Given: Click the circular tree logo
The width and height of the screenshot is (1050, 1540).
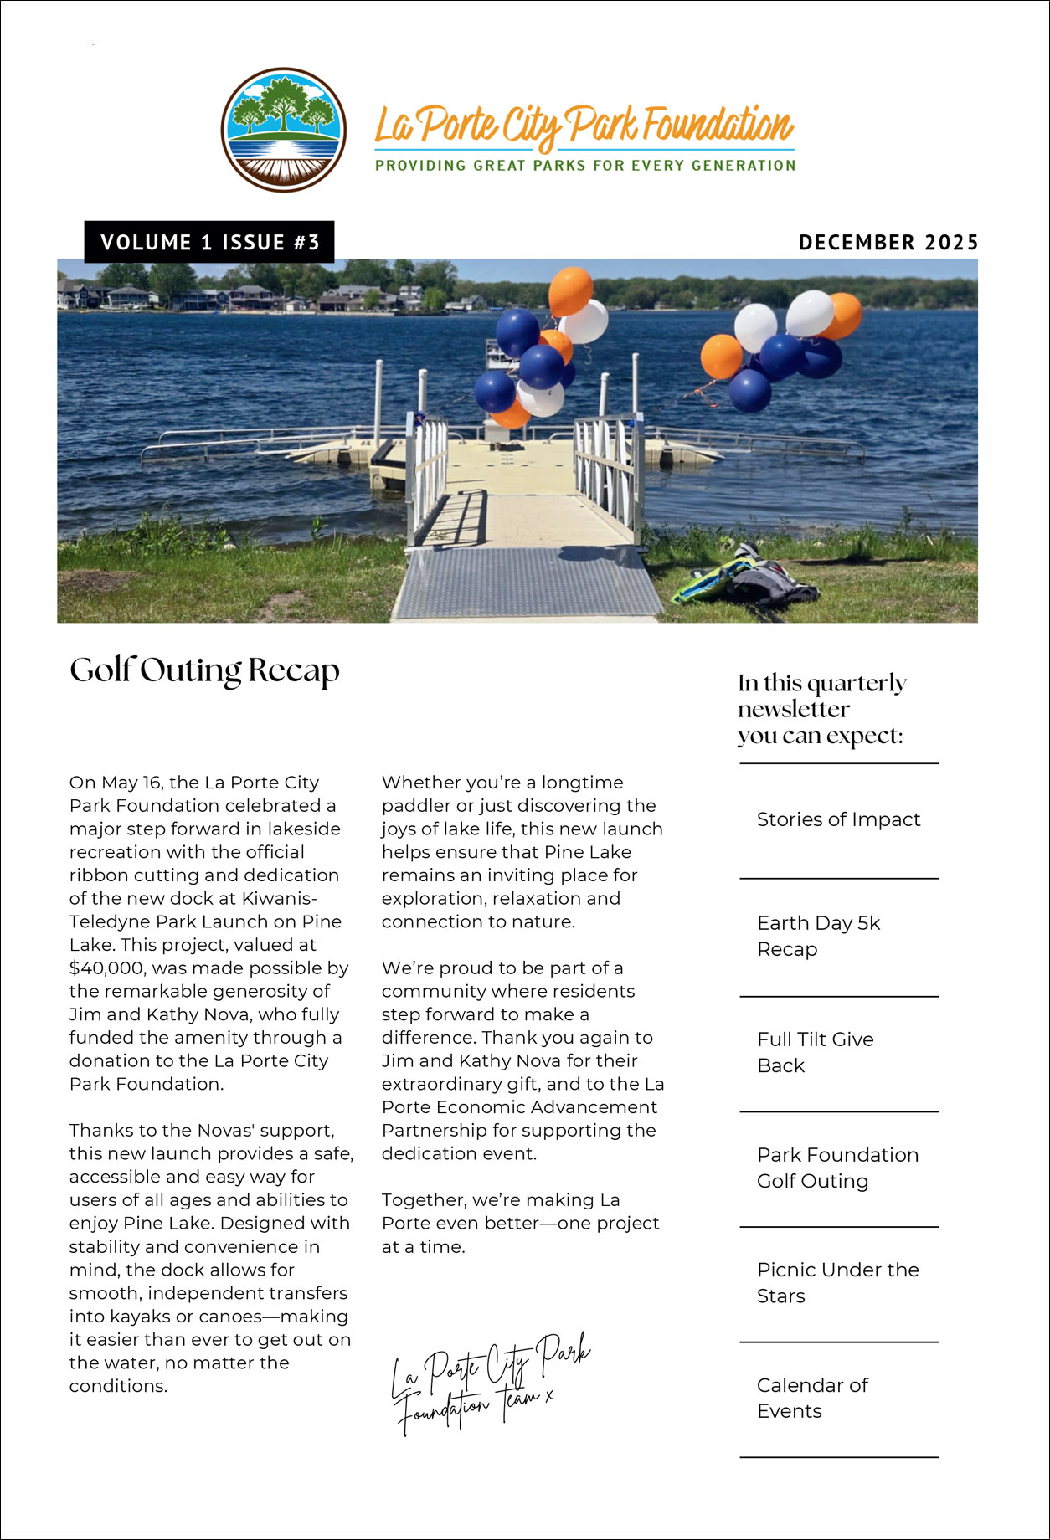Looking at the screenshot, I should coord(284,130).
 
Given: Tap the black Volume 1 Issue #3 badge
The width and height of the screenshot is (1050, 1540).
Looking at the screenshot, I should coord(209,242).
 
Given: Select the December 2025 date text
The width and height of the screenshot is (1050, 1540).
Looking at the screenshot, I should coord(888,243).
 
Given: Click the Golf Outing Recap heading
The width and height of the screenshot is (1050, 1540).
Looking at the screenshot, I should coord(204,670).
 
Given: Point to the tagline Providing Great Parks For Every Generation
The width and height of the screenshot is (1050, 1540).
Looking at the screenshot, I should coord(585,166).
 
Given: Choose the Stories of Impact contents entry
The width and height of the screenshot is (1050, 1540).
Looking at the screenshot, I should coord(838,819).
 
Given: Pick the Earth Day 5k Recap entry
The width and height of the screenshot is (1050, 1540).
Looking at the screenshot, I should coord(818,936).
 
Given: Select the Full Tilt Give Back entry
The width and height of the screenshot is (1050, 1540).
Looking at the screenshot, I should coord(815,1052).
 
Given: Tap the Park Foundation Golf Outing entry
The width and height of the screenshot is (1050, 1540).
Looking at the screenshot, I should coord(837,1168).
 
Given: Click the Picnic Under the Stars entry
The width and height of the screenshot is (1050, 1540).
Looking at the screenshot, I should coord(837,1282).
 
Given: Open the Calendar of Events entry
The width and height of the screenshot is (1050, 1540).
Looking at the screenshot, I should coord(811,1398).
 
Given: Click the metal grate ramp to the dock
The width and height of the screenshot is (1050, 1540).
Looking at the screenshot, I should coord(528,582).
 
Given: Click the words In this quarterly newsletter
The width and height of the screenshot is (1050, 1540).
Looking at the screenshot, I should coord(821,696).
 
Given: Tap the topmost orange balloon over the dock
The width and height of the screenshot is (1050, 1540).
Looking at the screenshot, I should coord(571,290).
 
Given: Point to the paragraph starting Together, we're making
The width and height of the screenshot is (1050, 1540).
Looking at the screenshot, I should coord(520,1223).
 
